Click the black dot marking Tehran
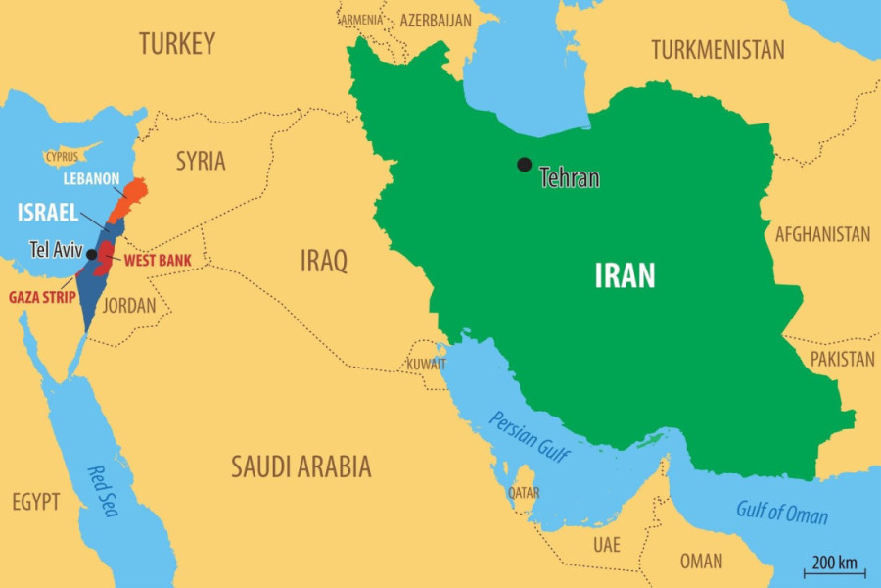pos(525,165)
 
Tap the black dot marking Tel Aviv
pos(91,255)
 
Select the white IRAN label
pos(625,276)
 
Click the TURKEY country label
pos(176,44)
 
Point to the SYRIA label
pos(201,162)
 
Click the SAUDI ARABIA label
pos(301,466)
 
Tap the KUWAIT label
pos(427,365)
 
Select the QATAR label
pos(523,493)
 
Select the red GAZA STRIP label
pos(42,297)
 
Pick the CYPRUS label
pos(62,157)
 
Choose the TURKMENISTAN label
pos(718,50)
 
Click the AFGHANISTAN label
pos(822,234)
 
